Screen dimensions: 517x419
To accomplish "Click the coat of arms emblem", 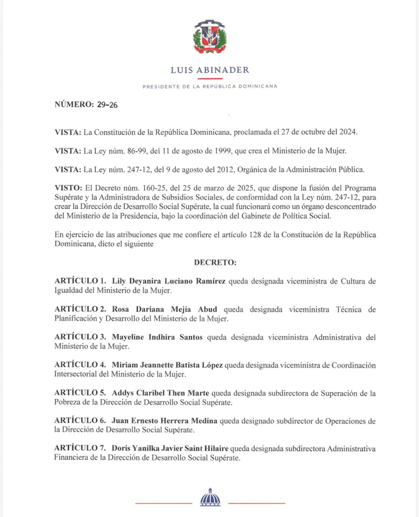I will click(x=210, y=38).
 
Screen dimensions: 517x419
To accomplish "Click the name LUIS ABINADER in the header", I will click(x=210, y=70).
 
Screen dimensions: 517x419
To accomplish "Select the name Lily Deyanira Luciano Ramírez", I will click(x=169, y=281).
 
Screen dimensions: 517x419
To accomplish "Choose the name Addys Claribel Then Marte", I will click(x=160, y=393).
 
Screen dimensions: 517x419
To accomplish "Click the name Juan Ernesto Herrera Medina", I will click(x=162, y=421).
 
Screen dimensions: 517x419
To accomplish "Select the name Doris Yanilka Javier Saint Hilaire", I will click(x=175, y=449).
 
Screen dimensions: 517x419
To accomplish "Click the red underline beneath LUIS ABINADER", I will click(x=210, y=79).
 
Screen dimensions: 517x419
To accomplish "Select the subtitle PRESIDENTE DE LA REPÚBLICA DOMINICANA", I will click(x=210, y=86).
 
